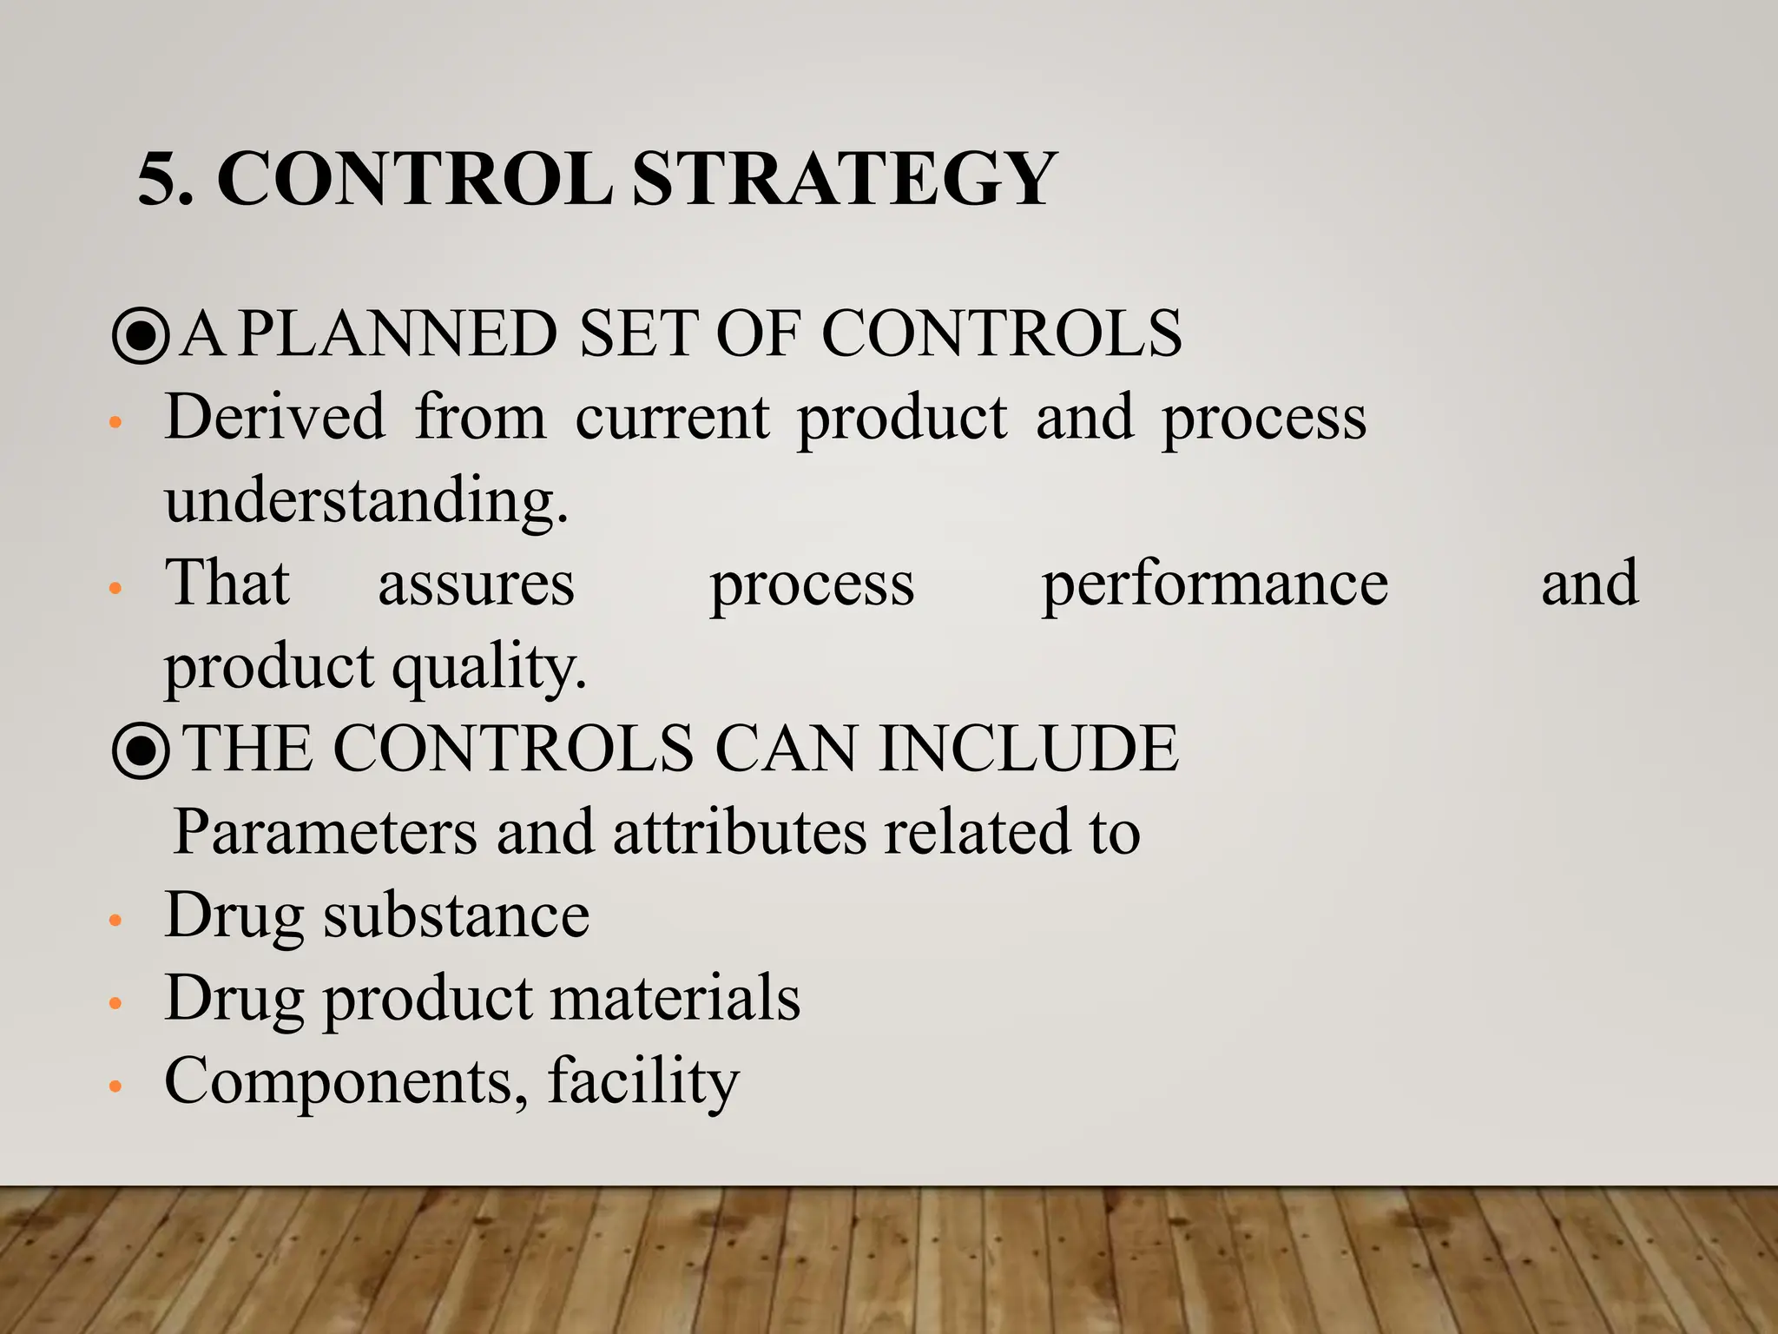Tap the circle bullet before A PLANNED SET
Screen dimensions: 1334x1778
[x=141, y=337]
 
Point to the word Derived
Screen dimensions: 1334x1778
[x=274, y=417]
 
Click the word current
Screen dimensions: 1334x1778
[x=672, y=417]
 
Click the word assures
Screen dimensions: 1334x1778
[x=476, y=584]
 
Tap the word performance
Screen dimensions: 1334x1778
[x=1215, y=584]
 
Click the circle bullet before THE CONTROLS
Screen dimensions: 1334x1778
[x=141, y=751]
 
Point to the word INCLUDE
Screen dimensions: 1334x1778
[x=1028, y=749]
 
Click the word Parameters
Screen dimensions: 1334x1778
[x=325, y=832]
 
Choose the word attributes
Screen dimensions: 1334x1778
[x=739, y=832]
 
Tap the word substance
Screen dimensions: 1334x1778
[x=457, y=915]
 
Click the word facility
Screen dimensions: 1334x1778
[x=643, y=1081]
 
